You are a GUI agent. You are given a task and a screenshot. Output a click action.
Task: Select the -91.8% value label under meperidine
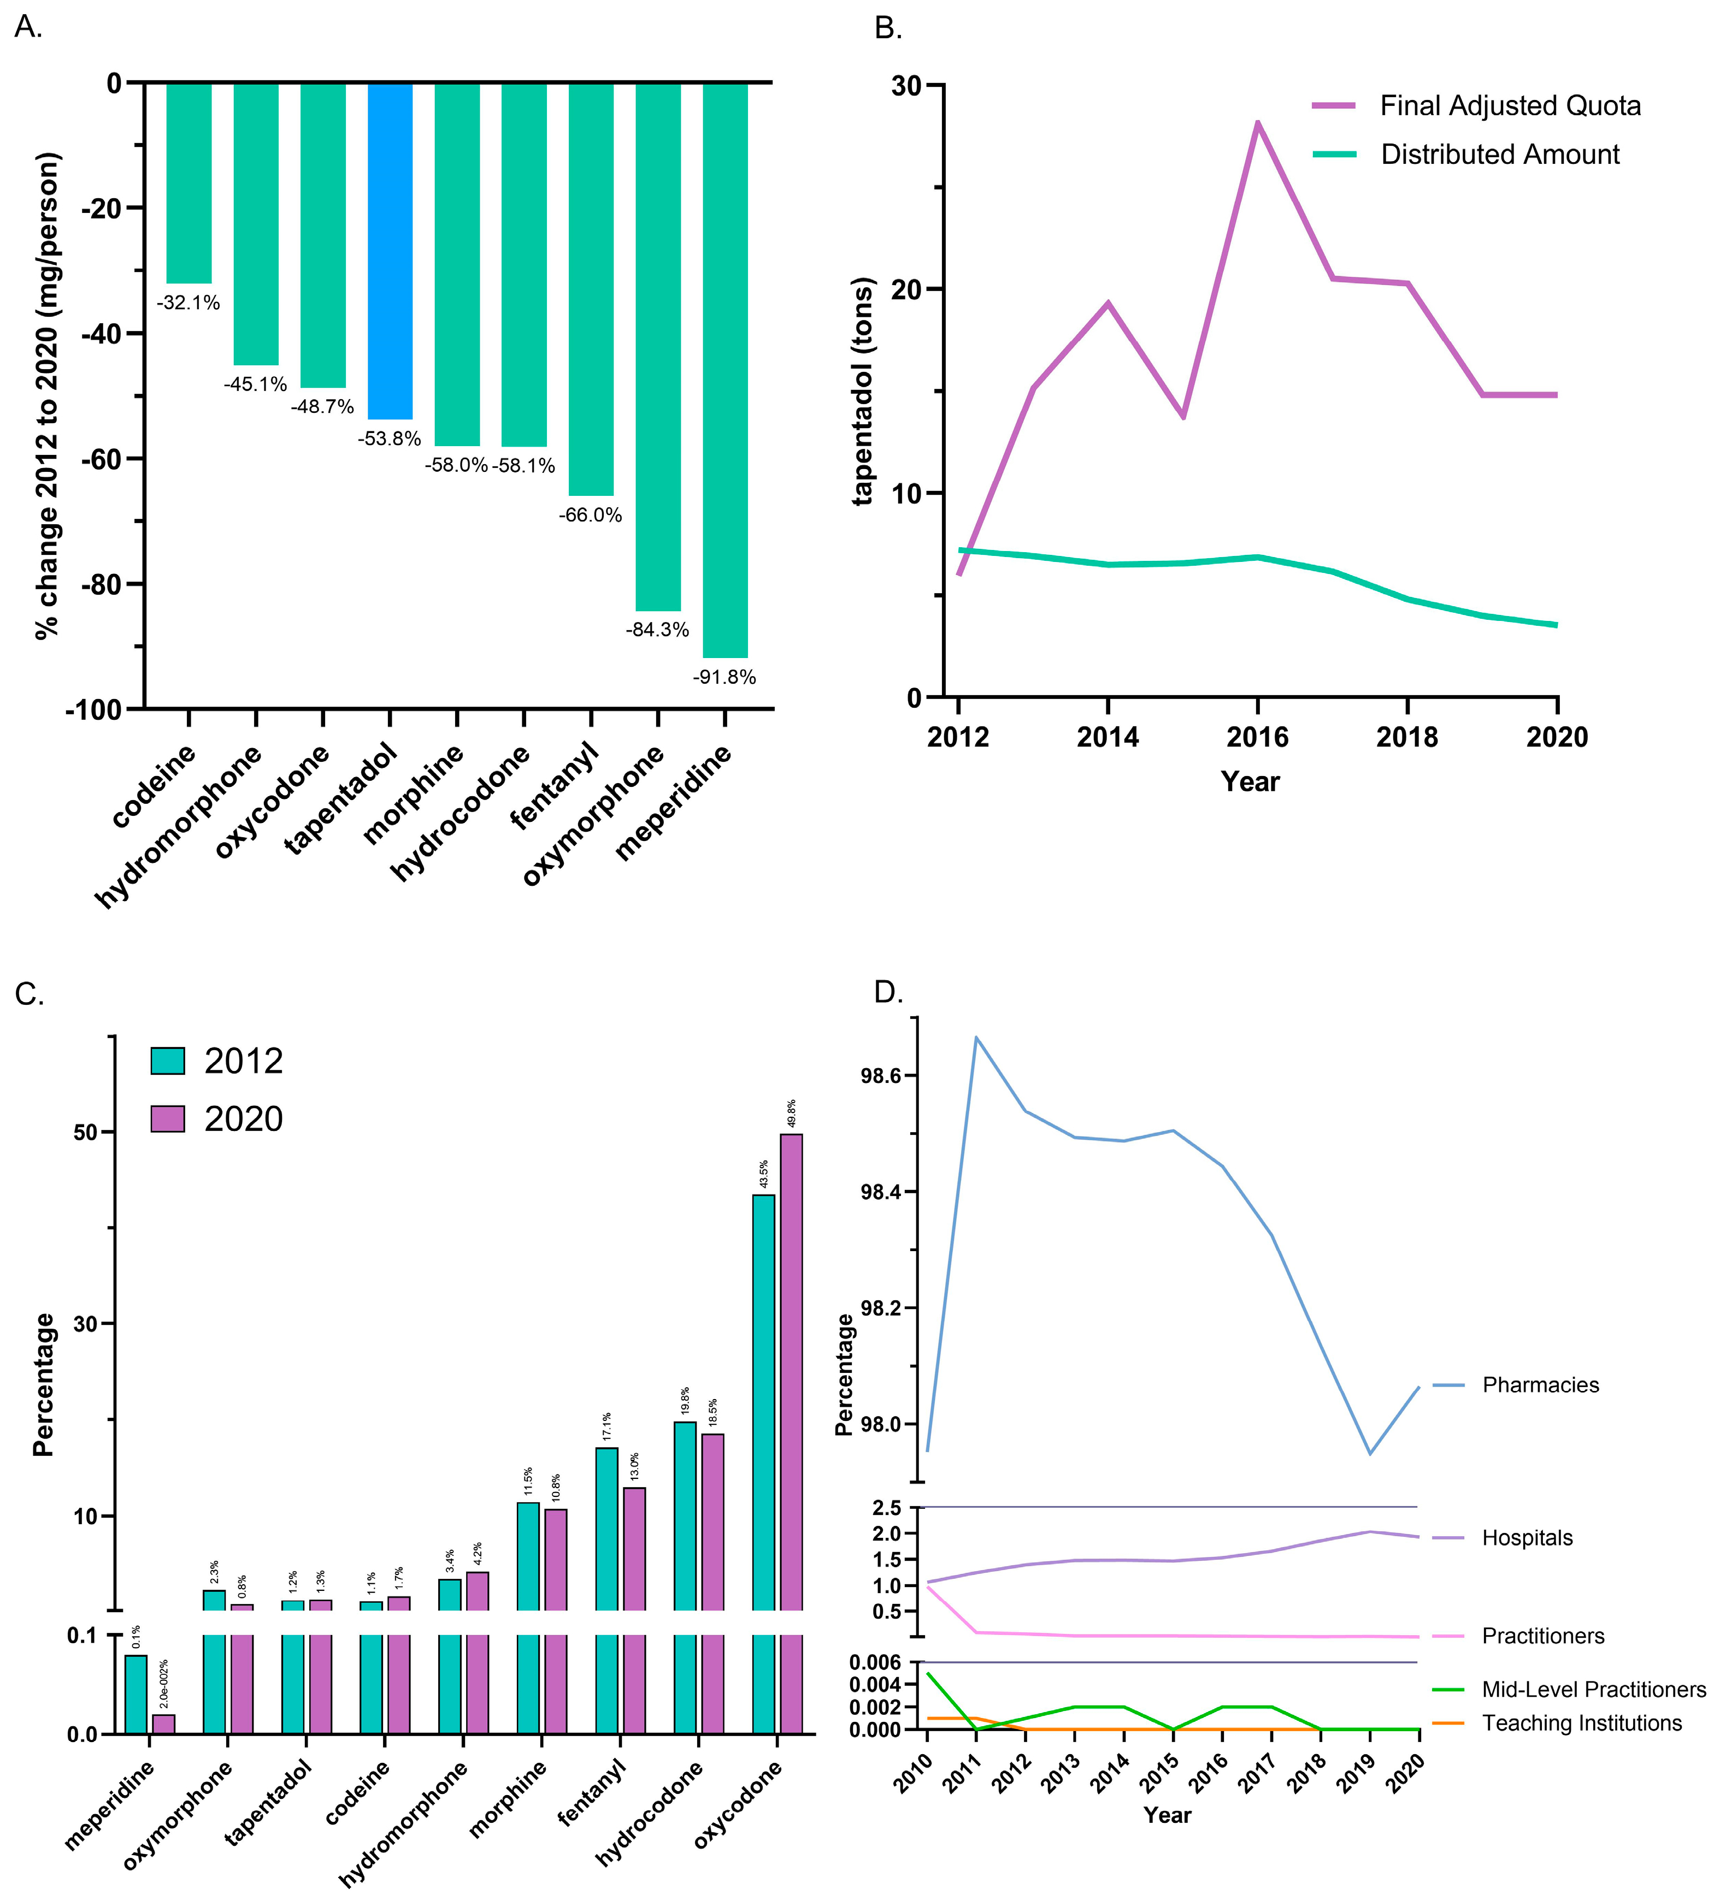pos(724,677)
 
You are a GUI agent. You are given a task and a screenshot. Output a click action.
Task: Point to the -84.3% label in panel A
pos(657,629)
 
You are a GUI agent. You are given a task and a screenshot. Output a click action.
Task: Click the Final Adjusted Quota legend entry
pos(1509,106)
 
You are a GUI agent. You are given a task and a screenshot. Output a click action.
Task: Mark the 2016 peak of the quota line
pos(1257,123)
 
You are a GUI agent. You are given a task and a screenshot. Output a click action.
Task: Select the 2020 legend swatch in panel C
pos(168,1118)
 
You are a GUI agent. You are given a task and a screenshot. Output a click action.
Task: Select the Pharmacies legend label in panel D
pos(1540,1384)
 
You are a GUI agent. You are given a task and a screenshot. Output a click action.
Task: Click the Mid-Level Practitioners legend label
pos(1594,1689)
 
